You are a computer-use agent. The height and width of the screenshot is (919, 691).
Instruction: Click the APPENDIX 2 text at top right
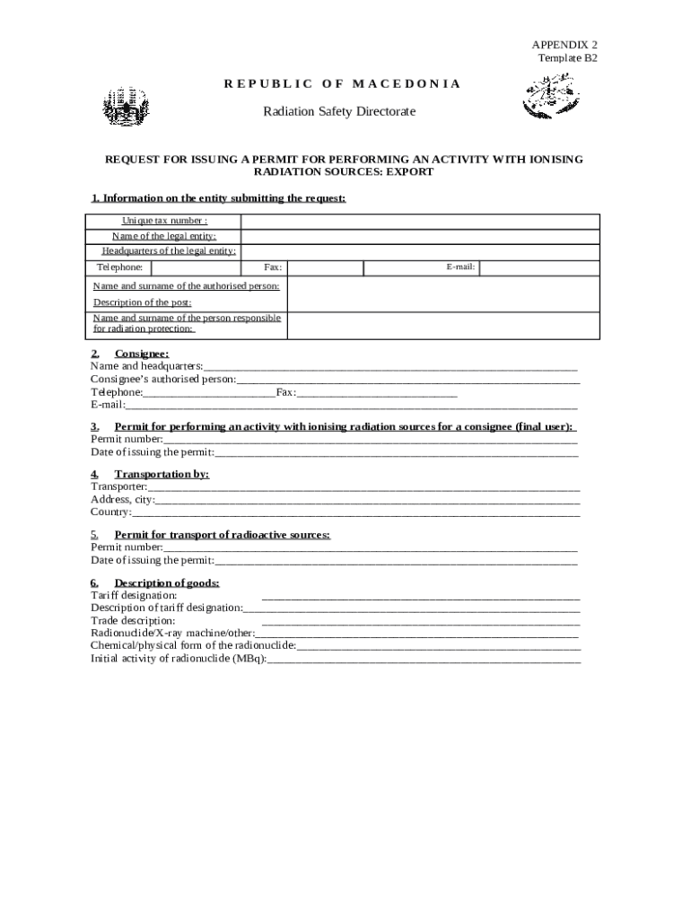tap(564, 44)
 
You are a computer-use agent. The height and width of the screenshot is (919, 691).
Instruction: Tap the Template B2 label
tap(567, 57)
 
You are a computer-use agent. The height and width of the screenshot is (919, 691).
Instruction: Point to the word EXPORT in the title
tap(408, 171)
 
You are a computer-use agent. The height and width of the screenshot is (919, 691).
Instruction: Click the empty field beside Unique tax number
tap(419, 222)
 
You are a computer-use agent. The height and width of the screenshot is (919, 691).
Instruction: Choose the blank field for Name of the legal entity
tap(419, 236)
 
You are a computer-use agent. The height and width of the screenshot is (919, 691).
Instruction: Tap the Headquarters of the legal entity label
tap(169, 251)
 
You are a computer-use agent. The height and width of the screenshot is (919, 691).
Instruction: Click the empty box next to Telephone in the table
tap(195, 267)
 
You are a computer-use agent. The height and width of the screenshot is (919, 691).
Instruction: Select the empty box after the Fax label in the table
tap(325, 267)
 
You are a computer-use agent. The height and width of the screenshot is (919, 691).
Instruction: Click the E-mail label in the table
tap(460, 267)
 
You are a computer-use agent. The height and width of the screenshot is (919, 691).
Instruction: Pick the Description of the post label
tap(143, 302)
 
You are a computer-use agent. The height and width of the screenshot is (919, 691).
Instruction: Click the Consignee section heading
tap(141, 354)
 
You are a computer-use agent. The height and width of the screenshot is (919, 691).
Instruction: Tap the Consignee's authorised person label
tap(163, 380)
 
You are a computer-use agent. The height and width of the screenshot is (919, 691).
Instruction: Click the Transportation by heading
tap(162, 474)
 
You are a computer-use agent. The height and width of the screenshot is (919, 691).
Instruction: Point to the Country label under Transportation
tap(111, 512)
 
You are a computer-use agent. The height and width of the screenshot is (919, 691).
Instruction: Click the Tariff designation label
tap(134, 595)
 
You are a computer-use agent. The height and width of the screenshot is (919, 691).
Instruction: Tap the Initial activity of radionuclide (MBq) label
tap(179, 659)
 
